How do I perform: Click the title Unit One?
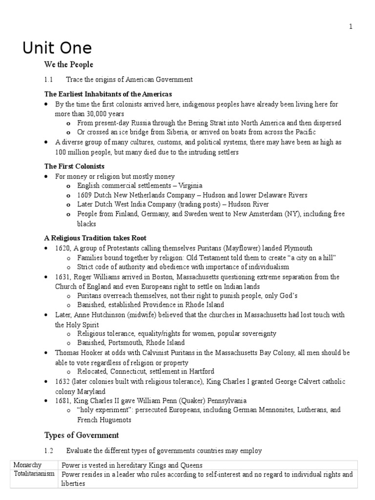[57, 48]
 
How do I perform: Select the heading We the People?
[69, 64]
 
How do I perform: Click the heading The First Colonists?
[74, 167]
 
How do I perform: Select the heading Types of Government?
[82, 435]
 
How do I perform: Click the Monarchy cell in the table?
[28, 465]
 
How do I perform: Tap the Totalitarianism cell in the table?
[34, 474]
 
